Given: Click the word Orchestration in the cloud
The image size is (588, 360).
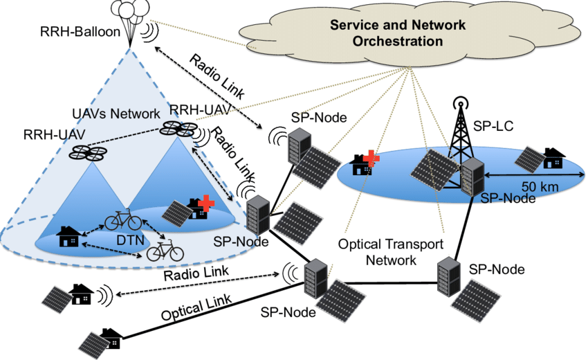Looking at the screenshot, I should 397,42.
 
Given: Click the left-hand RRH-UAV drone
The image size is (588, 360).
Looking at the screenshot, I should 87,152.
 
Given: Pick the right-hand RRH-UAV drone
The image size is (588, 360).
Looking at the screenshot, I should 178,128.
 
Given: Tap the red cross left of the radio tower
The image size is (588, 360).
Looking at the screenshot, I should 373,158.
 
